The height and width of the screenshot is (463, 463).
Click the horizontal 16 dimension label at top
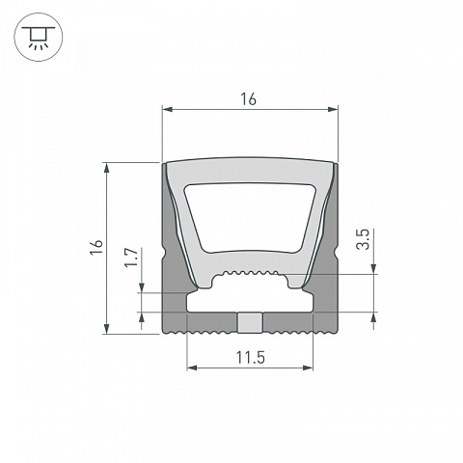[249, 99]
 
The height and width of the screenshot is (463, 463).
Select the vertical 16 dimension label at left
[96, 247]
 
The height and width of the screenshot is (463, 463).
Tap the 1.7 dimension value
[131, 258]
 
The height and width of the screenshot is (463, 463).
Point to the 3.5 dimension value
[363, 239]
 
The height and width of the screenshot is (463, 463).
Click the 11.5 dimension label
[251, 358]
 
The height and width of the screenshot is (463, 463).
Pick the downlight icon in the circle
[39, 38]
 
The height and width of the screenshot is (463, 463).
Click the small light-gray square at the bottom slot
[251, 323]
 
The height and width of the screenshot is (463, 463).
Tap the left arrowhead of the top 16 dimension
[168, 110]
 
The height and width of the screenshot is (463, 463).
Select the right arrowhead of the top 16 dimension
[333, 110]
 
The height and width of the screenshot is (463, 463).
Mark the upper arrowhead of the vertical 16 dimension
[107, 168]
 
